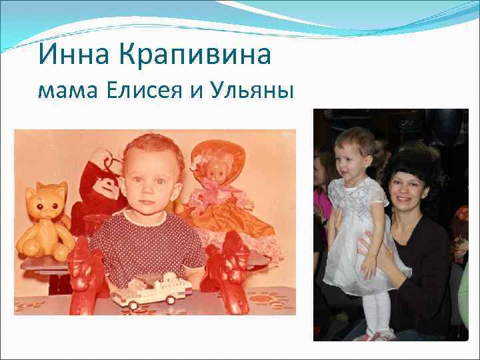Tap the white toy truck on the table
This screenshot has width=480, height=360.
(152, 289)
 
